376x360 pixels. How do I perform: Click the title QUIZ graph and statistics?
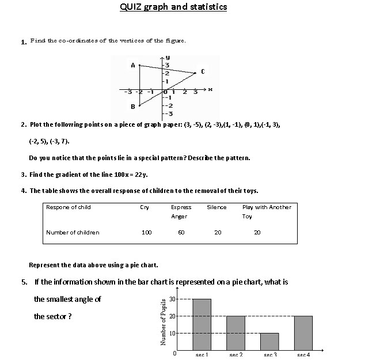[x=173, y=7]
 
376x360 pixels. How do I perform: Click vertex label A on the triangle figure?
[x=133, y=65]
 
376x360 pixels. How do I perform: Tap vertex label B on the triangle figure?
[x=132, y=107]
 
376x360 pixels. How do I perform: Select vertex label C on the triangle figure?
[x=202, y=72]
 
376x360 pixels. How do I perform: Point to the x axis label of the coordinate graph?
[x=210, y=89]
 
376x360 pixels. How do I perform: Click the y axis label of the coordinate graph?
[x=168, y=58]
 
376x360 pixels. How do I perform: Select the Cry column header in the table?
[x=145, y=207]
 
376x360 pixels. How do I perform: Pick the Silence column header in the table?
[x=217, y=207]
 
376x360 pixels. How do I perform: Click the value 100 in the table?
[x=146, y=233]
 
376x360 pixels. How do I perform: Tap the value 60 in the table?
[x=181, y=233]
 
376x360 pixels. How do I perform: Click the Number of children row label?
[x=73, y=233]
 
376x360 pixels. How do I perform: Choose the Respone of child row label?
[x=68, y=207]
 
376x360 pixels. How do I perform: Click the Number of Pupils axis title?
[x=164, y=322]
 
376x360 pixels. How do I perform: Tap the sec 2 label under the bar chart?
[x=236, y=355]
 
